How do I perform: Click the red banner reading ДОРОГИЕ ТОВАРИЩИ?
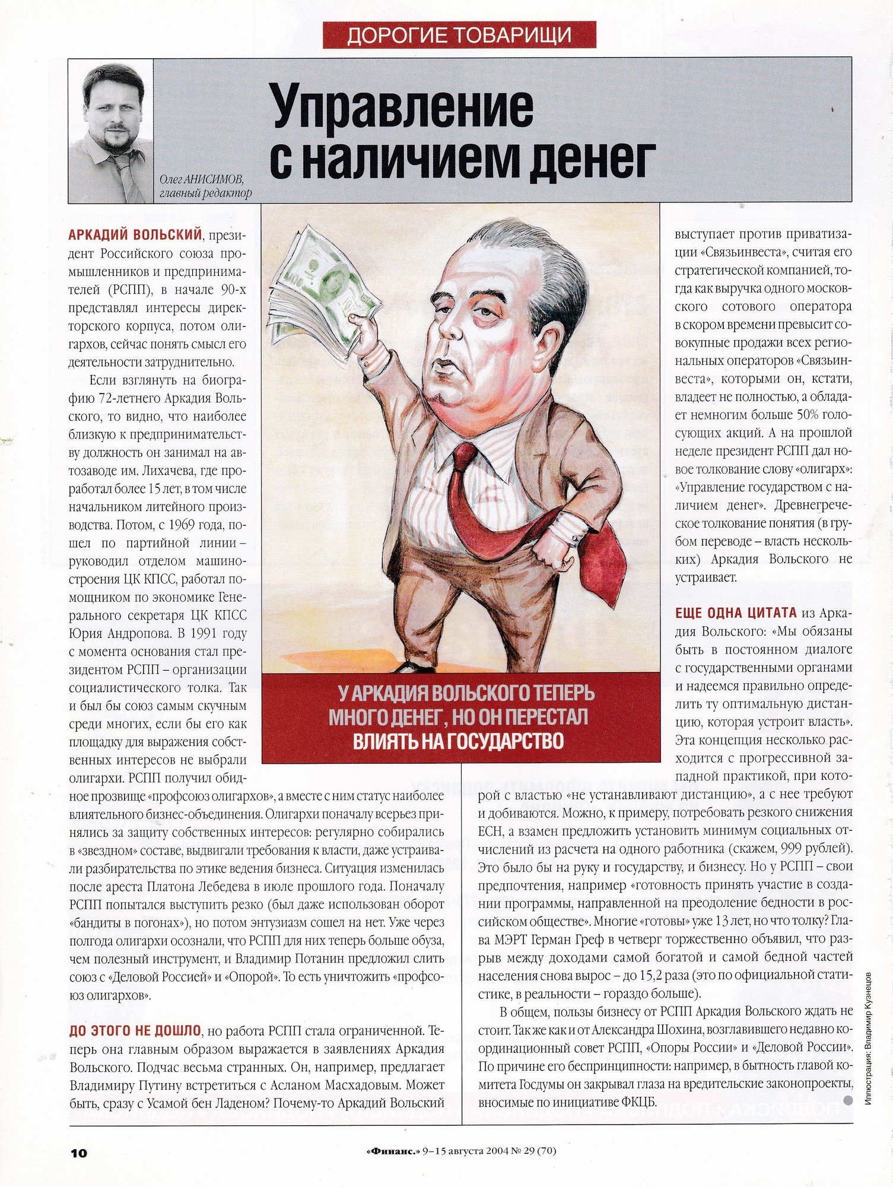click(459, 35)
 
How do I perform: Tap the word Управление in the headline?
click(403, 107)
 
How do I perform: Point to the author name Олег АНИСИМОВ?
click(201, 179)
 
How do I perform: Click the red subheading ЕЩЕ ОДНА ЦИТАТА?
click(736, 613)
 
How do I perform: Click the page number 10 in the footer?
click(78, 1153)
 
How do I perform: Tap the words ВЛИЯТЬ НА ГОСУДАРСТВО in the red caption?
click(458, 741)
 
